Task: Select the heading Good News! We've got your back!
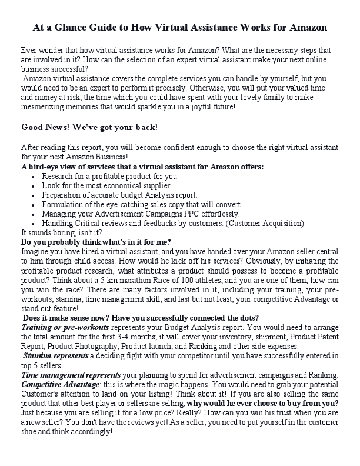click(x=89, y=127)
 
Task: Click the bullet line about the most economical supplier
click(x=106, y=185)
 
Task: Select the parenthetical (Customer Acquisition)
click(x=257, y=223)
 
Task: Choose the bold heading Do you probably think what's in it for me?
click(x=96, y=242)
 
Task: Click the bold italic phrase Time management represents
click(x=71, y=375)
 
